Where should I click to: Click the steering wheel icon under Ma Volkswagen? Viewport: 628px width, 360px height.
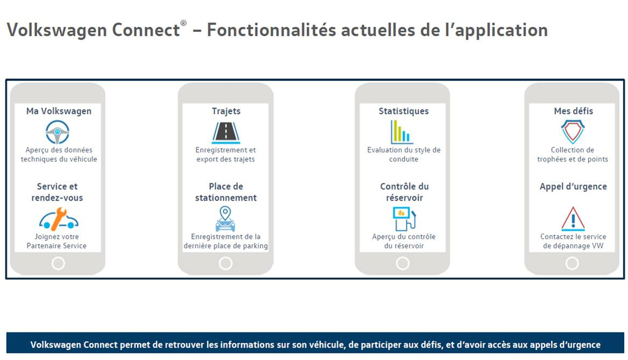click(x=57, y=132)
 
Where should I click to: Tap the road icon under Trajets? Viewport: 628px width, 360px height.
click(x=226, y=132)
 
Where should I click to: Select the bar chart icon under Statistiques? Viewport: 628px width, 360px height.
click(x=401, y=132)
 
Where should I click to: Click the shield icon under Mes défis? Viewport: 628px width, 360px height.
click(x=573, y=132)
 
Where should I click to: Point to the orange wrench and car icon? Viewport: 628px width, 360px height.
click(x=59, y=218)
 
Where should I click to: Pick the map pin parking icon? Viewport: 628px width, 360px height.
click(x=225, y=218)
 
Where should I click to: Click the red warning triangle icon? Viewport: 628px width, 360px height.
click(x=573, y=218)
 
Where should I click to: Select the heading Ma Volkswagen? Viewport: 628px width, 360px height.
click(x=59, y=111)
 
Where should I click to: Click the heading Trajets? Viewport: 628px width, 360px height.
click(x=227, y=111)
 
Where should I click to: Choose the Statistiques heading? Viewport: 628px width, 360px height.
click(x=404, y=111)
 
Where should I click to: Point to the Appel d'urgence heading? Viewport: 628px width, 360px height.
click(x=573, y=187)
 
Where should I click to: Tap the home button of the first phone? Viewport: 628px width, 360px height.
click(x=58, y=263)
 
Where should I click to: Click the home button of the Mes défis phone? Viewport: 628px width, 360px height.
click(x=572, y=263)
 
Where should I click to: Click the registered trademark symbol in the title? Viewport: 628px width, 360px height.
click(x=184, y=23)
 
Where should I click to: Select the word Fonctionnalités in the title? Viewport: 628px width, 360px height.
click(x=271, y=30)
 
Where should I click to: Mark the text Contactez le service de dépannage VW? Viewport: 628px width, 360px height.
click(x=573, y=241)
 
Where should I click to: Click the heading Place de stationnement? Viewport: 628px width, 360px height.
click(x=226, y=192)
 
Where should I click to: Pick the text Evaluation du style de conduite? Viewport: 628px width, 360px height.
click(x=404, y=154)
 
